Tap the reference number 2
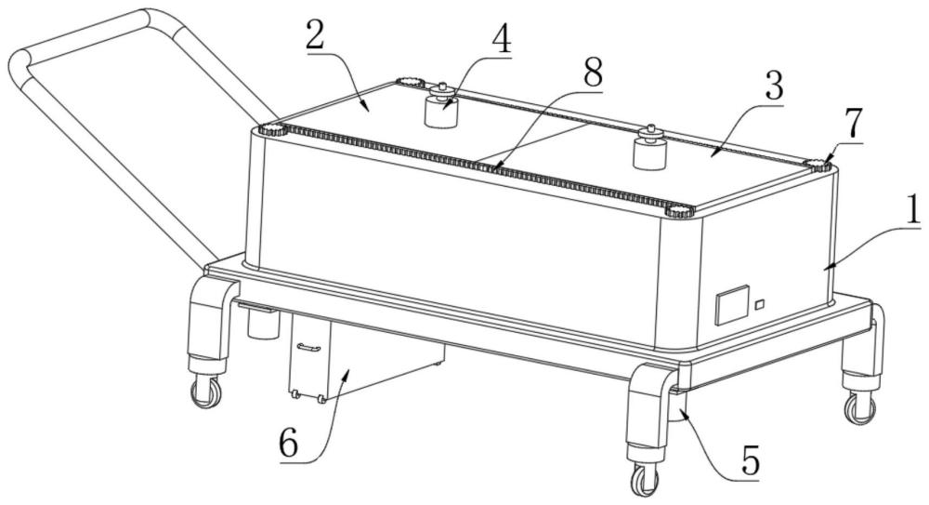[317, 37]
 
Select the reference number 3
[773, 86]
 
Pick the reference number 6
[289, 444]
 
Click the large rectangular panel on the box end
[733, 305]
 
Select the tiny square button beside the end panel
[760, 304]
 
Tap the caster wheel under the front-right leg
[645, 480]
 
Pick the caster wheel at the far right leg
[860, 408]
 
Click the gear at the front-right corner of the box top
[680, 211]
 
